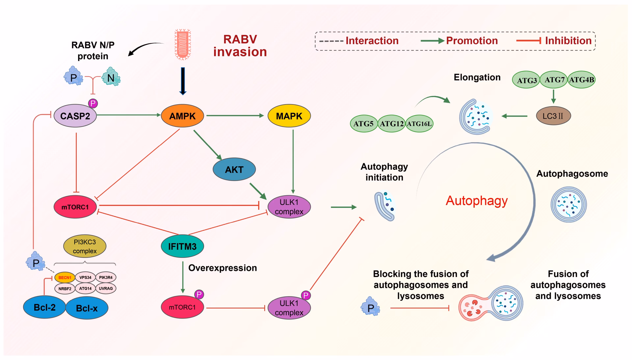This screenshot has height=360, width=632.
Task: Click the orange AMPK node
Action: pyautogui.click(x=182, y=116)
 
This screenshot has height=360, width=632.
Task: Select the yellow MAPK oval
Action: pyautogui.click(x=289, y=116)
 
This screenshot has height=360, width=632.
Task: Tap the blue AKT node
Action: pyautogui.click(x=234, y=169)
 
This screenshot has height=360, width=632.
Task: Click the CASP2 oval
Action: pyautogui.click(x=75, y=116)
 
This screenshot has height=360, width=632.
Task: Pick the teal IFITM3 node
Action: pyautogui.click(x=182, y=246)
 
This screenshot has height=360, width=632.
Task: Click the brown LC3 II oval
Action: pyautogui.click(x=553, y=116)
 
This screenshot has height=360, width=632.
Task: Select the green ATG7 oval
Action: pyautogui.click(x=554, y=80)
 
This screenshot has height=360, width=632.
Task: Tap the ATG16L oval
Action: pyautogui.click(x=419, y=124)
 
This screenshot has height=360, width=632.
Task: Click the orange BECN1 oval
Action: pyautogui.click(x=65, y=277)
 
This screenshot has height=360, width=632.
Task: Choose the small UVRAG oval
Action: pyautogui.click(x=106, y=289)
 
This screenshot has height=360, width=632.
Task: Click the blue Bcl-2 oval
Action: pyautogui.click(x=44, y=307)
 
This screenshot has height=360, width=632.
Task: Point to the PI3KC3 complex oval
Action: pyautogui.click(x=85, y=246)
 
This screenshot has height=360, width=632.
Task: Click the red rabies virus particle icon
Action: pyautogui.click(x=183, y=44)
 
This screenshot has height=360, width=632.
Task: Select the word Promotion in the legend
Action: pyautogui.click(x=472, y=41)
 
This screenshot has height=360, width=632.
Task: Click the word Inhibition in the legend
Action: pyautogui.click(x=568, y=41)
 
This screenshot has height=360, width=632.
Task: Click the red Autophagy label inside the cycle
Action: pyautogui.click(x=477, y=200)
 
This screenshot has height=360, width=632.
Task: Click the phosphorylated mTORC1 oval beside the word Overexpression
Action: pyautogui.click(x=182, y=307)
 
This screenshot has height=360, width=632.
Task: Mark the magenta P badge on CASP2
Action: pyautogui.click(x=93, y=104)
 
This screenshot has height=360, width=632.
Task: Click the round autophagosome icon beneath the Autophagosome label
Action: pyautogui.click(x=568, y=204)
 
